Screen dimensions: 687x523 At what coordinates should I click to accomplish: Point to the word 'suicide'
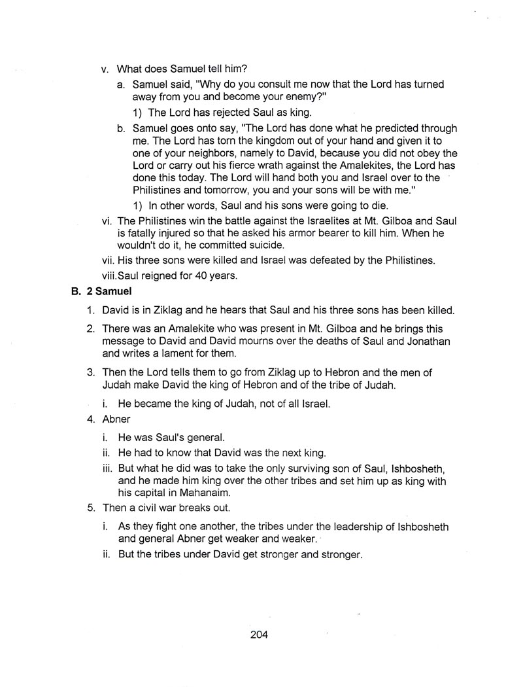tap(260, 245)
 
